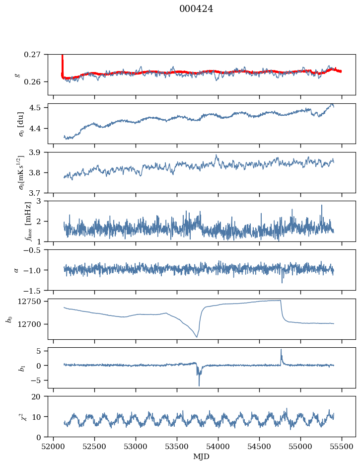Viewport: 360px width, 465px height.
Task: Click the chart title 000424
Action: [x=196, y=9]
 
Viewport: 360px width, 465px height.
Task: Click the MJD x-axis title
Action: [x=202, y=457]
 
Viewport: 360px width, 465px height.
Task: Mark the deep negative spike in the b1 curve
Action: [x=199, y=386]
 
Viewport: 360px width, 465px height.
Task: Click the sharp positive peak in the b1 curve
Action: [x=281, y=349]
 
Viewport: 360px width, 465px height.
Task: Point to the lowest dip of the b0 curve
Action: [x=197, y=337]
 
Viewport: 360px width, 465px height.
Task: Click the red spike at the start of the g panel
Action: [x=62, y=59]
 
